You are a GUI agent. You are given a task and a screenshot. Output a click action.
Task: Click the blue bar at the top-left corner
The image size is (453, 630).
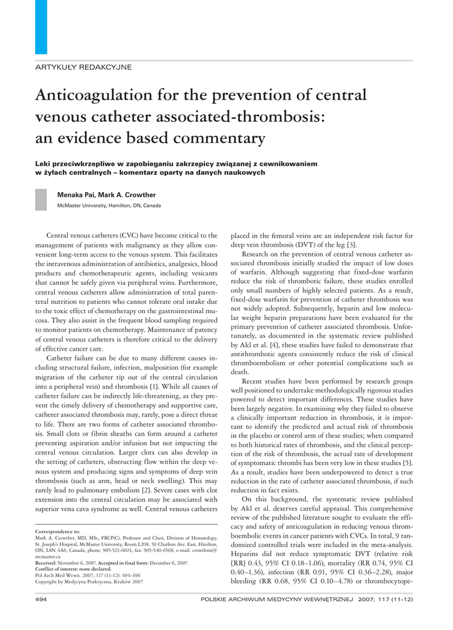[41, 26]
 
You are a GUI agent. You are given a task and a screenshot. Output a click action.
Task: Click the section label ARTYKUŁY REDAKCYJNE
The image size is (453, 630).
[82, 66]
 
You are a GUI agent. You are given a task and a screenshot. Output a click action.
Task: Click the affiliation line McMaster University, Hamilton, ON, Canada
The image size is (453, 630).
[109, 205]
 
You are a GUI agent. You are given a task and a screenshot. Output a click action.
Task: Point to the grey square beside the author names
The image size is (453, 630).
[41, 200]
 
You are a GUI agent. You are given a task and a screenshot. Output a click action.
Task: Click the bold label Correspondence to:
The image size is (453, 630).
[58, 530]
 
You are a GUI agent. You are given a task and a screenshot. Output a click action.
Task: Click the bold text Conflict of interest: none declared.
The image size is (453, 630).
[79, 569]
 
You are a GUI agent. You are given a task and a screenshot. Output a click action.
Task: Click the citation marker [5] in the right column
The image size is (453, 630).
[407, 462]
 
